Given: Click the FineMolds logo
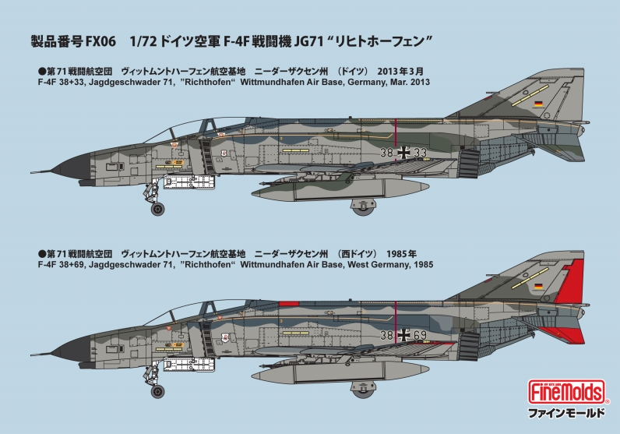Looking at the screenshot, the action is [x=566, y=392].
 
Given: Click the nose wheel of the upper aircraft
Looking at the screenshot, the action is [x=158, y=209].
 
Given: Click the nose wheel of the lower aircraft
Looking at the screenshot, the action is [x=158, y=391].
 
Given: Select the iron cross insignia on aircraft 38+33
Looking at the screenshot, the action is [x=403, y=152].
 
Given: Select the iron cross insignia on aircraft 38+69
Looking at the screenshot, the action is [x=403, y=335].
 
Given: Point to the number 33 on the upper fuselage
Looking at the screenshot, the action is [x=420, y=152].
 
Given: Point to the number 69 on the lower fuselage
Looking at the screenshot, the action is [x=420, y=335].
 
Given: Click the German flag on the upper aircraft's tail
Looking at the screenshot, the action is [x=538, y=104].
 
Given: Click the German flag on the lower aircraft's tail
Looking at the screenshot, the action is [x=538, y=286].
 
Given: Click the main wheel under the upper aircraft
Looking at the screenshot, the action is [x=363, y=207].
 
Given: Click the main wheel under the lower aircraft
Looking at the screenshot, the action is [x=363, y=390].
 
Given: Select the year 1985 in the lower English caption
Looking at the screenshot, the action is [x=424, y=264].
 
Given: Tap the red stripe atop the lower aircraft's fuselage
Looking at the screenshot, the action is [x=289, y=303].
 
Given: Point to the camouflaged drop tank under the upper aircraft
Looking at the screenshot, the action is [x=340, y=190].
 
